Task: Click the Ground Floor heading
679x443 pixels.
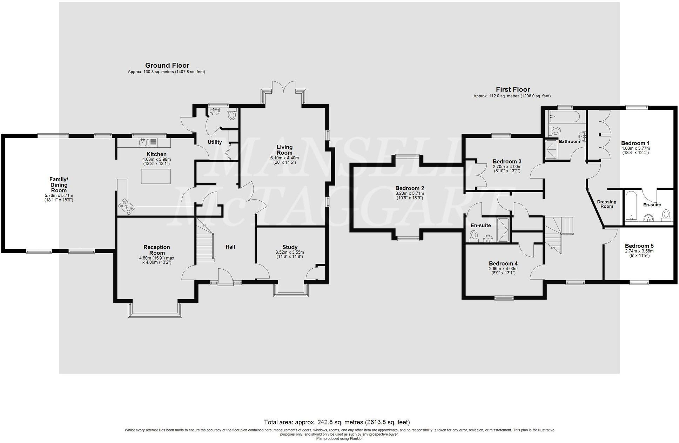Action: pos(167,66)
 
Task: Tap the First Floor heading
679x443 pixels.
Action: pos(512,89)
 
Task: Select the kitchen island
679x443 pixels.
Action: pos(156,176)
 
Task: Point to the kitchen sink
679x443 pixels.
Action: pos(143,142)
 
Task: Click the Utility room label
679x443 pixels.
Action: pos(215,142)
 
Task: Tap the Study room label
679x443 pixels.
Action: pos(290,247)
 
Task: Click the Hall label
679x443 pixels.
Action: pos(230,247)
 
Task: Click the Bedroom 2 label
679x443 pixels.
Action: pos(410,188)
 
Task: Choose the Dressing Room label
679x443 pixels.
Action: pos(606,204)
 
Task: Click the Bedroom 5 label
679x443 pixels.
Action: pos(639,246)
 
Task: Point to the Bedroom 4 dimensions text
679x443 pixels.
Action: pos(503,271)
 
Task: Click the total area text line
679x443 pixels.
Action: pos(337,422)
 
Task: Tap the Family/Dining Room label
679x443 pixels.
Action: pos(59,185)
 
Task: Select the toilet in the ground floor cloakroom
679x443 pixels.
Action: pos(232,115)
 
